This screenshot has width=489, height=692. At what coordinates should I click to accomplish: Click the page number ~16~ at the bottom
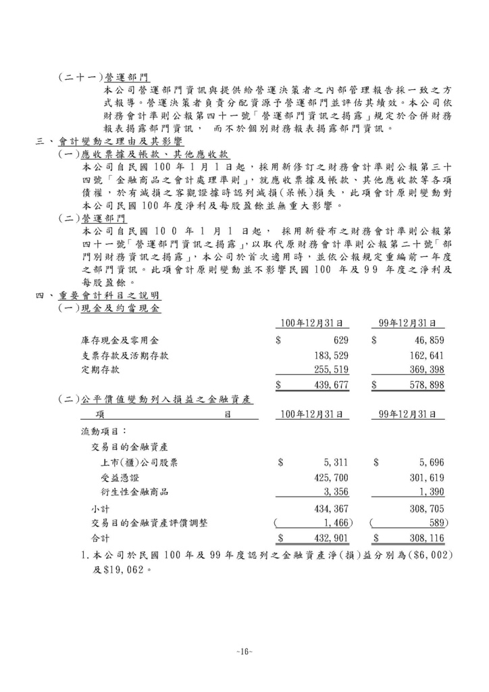244,651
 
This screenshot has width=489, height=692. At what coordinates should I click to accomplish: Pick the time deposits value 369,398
426,370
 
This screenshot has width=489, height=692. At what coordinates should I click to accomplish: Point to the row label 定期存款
101,370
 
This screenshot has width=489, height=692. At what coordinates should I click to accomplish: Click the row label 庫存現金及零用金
119,340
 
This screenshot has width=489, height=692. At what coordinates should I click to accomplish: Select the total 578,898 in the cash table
426,385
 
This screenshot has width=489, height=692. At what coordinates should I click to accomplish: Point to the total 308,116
426,537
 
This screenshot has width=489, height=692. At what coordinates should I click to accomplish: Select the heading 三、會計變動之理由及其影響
107,142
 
